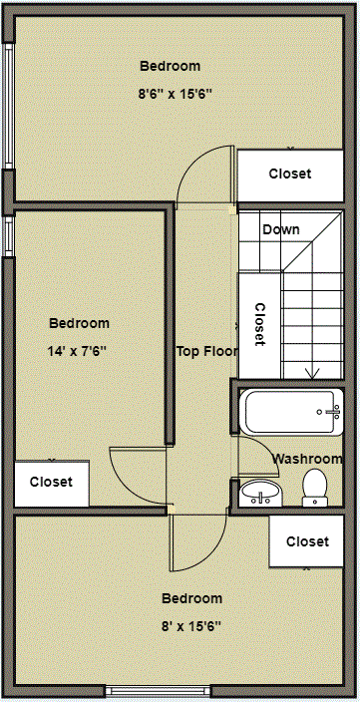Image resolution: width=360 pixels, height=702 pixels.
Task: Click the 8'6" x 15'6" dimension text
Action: (x=175, y=95)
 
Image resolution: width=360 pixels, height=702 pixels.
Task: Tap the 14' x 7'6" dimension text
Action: (x=77, y=351)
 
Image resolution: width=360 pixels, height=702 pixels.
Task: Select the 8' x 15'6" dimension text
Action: (x=191, y=626)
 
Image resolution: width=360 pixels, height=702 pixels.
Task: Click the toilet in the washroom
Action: (x=315, y=488)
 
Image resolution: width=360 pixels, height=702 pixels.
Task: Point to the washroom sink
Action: (x=261, y=493)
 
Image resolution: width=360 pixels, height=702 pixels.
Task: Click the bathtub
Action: (x=292, y=412)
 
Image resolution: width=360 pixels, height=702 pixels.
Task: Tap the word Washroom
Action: (x=307, y=459)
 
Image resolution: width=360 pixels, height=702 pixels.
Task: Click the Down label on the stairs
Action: (x=281, y=229)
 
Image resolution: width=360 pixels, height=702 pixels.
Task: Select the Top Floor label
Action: (x=206, y=351)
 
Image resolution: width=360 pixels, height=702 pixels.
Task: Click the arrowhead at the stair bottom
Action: (x=312, y=373)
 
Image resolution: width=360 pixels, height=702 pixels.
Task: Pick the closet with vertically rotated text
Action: (x=259, y=325)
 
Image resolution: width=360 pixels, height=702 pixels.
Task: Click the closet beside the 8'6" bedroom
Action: (x=290, y=175)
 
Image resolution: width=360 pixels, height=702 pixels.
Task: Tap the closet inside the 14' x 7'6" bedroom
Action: (x=52, y=484)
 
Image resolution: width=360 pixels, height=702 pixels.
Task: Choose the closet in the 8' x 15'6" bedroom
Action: (x=306, y=541)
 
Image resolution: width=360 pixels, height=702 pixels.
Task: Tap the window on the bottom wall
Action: (x=159, y=691)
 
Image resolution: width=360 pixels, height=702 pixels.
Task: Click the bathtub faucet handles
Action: (x=334, y=412)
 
